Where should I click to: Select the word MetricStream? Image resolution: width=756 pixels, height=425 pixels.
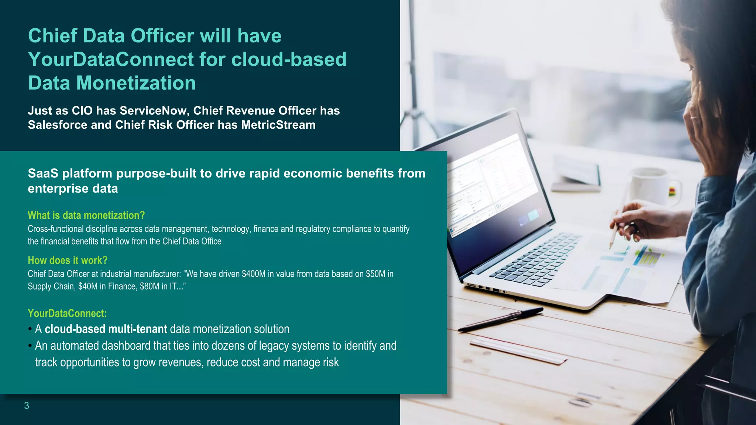tap(278, 125)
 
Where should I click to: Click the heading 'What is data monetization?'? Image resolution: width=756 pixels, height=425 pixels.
tap(86, 215)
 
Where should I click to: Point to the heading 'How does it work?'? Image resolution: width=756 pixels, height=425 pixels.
tap(68, 260)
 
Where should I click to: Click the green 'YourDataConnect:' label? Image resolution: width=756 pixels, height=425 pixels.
tap(67, 314)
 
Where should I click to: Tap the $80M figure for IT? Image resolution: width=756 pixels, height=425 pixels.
tap(150, 287)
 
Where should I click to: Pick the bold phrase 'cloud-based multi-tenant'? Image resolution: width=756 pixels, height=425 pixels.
tap(106, 329)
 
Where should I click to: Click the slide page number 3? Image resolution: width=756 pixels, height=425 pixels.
tap(27, 406)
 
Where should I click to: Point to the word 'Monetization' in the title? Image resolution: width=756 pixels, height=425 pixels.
tap(136, 83)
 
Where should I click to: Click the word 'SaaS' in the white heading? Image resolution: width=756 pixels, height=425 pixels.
tap(43, 173)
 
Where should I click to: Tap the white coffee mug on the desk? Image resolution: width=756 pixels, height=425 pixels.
tap(650, 186)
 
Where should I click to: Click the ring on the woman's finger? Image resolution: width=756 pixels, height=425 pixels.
tap(695, 117)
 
